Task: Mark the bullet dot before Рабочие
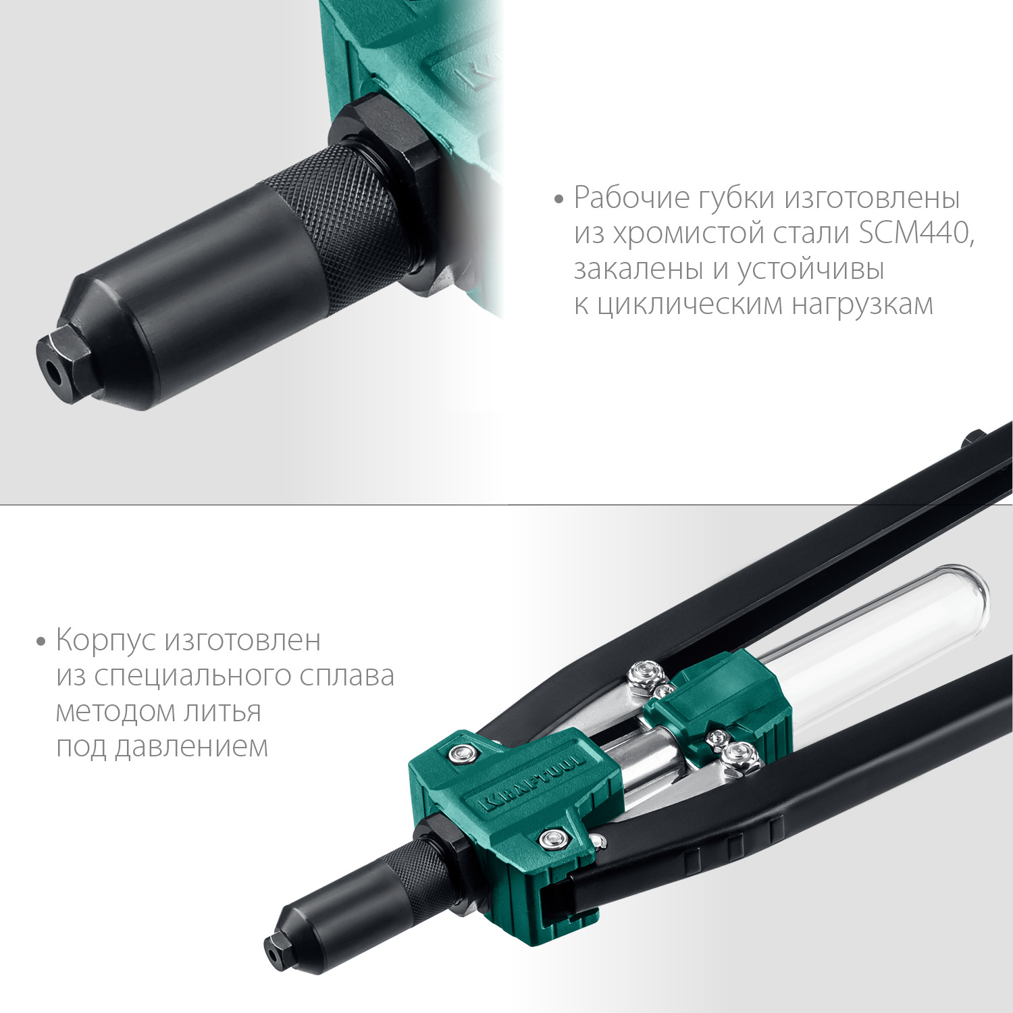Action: pos(559,199)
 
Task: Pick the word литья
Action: pos(228,712)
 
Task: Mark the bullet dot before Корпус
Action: pos(41,641)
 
